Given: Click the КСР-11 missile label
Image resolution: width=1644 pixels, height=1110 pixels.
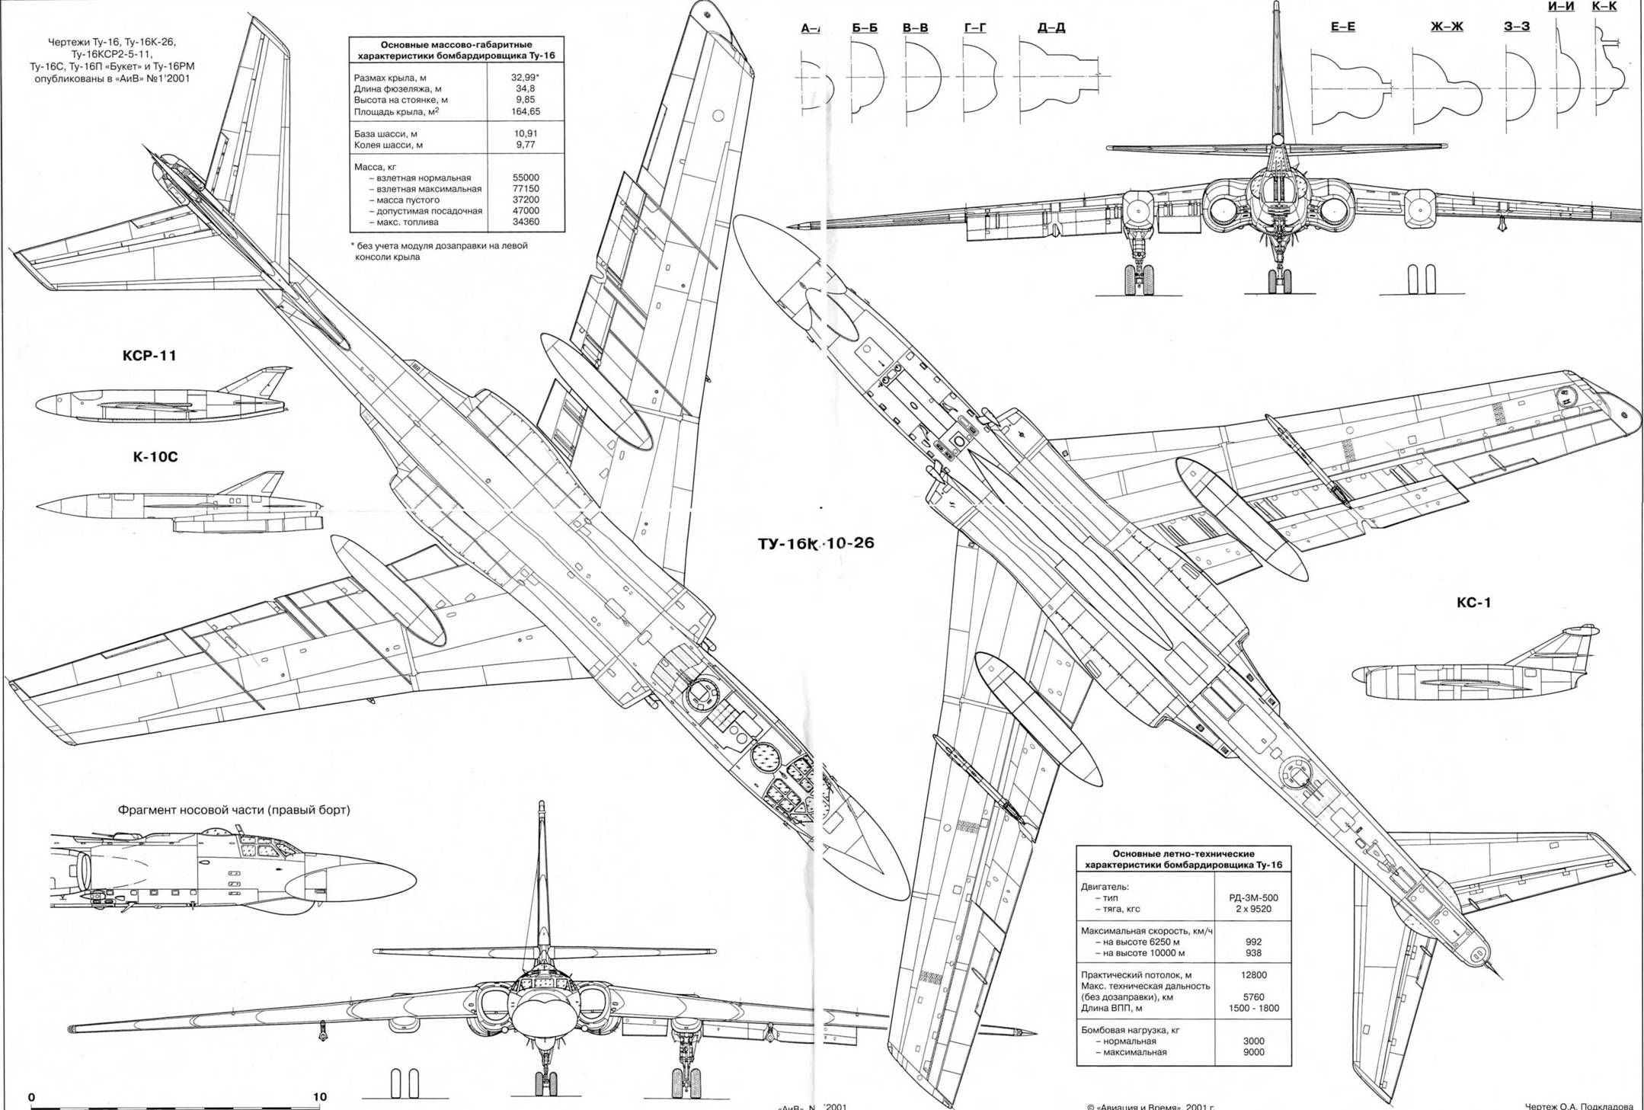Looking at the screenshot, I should coord(149,356).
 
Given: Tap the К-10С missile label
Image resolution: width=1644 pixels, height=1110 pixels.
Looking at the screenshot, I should coord(155,457).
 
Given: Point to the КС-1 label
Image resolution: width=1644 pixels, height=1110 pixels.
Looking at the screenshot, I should coord(1473,603).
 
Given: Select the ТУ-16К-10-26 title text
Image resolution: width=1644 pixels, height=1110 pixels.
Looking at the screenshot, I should coord(816,543).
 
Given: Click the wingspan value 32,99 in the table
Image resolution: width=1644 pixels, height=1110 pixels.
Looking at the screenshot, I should coord(525,78).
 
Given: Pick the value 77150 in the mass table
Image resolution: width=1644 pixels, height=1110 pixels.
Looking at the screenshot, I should coord(525,189).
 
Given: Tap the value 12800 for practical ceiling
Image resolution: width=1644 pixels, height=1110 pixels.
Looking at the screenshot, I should coord(1253,975).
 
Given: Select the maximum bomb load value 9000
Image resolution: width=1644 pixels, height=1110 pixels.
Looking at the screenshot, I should coord(1253,1052).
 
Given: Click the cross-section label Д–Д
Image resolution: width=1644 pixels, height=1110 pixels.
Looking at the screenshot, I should coord(1051,28).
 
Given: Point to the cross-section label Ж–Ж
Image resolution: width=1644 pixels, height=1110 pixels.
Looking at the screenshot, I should coord(1447,27).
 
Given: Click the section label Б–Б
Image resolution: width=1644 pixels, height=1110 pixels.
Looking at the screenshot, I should coord(865,28).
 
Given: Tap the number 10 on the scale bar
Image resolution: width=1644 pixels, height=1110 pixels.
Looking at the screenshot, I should coord(320,1097).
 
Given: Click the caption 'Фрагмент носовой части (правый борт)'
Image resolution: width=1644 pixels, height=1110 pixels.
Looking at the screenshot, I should coord(234,810).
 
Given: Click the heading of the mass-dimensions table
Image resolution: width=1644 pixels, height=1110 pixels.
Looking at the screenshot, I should coord(456,50).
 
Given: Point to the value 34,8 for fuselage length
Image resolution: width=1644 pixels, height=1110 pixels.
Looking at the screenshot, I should coord(525,89).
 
